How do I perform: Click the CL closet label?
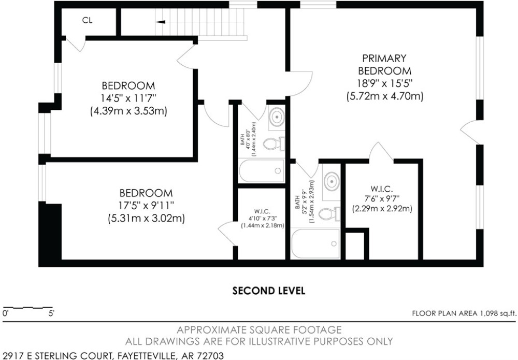(87, 21)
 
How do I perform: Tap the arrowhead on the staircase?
(160, 22)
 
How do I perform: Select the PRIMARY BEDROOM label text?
(385, 64)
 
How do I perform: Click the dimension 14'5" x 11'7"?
(128, 98)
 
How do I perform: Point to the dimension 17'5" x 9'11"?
(147, 206)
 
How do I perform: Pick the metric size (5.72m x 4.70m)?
(385, 96)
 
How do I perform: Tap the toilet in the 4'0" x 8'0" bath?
(274, 143)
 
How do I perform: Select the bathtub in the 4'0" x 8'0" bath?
(261, 170)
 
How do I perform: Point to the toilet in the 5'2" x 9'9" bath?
(329, 214)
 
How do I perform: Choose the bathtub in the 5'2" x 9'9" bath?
(315, 244)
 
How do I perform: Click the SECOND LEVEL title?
(269, 291)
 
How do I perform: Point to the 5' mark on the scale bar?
(51, 313)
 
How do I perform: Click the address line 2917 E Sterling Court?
(112, 356)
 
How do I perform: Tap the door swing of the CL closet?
(75, 44)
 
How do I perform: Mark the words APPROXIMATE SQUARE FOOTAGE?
(260, 329)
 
